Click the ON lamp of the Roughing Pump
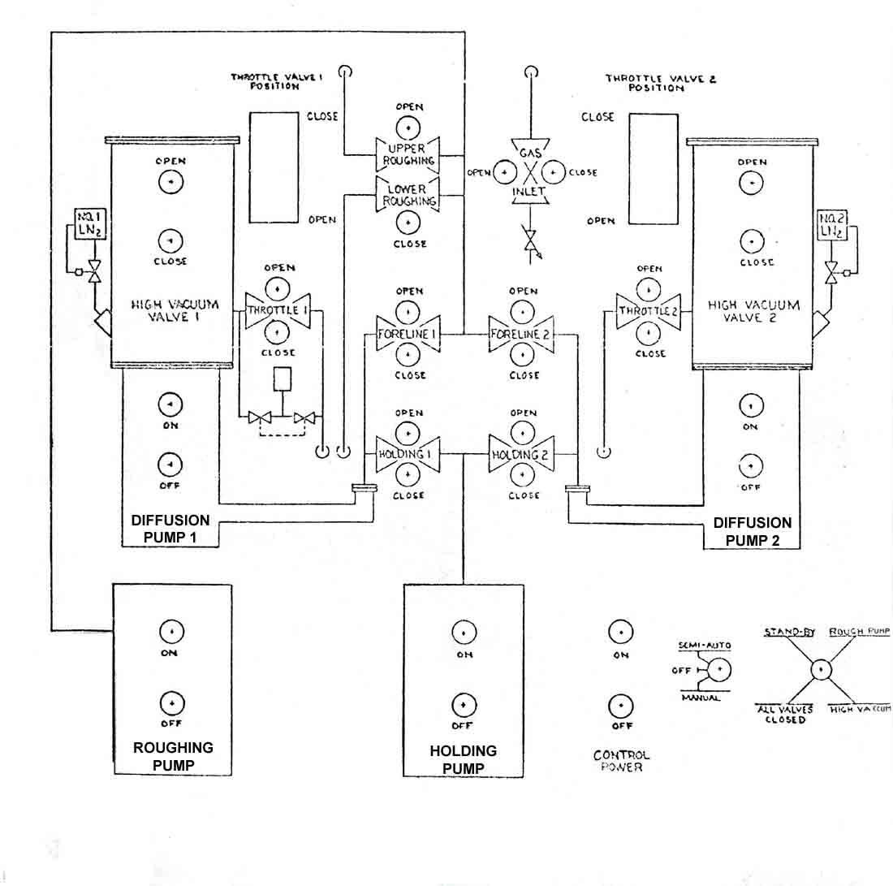tap(171, 631)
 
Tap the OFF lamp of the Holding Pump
tap(464, 706)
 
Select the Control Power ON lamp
tap(621, 632)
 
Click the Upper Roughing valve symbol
tap(408, 154)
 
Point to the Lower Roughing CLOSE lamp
tap(408, 223)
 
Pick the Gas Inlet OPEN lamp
tap(505, 172)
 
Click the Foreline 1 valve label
tap(408, 334)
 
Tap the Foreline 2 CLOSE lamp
tap(522, 355)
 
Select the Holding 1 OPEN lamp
tap(408, 434)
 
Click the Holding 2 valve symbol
tap(521, 454)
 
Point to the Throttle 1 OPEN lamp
tap(278, 289)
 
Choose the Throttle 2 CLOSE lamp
tap(648, 334)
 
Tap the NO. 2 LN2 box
tap(832, 226)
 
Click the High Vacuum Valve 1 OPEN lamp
tap(170, 183)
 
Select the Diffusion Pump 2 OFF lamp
tap(751, 466)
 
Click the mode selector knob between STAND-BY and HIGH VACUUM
tap(821, 669)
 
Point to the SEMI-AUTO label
tap(705, 646)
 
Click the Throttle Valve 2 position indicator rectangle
tap(654, 169)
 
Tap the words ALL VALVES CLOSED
tap(785, 715)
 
